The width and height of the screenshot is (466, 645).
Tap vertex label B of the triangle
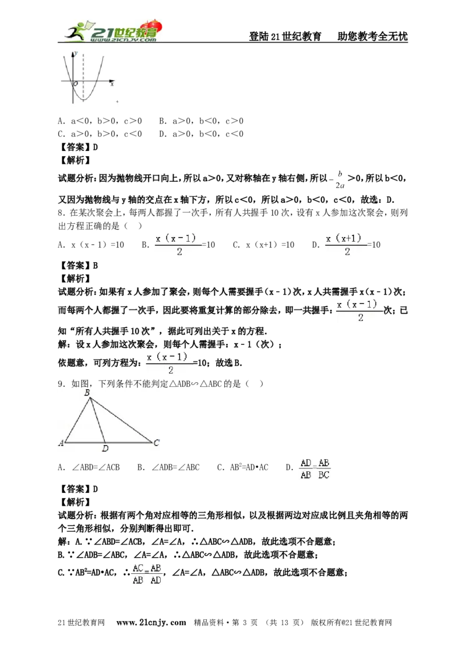(x=87, y=393)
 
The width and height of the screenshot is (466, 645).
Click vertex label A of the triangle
(x=61, y=443)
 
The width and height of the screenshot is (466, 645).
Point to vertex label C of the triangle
(x=157, y=443)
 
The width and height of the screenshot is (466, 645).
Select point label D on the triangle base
(x=105, y=449)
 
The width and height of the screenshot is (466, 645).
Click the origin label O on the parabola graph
(x=76, y=84)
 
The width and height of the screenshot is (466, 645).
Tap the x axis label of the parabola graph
(x=112, y=84)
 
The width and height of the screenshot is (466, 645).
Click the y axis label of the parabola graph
(x=76, y=53)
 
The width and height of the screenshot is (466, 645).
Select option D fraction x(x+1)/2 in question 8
(x=353, y=245)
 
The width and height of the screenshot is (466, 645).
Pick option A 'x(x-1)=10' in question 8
(x=91, y=245)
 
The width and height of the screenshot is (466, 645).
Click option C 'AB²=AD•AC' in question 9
(x=243, y=467)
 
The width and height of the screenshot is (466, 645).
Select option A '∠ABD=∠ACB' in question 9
(x=89, y=467)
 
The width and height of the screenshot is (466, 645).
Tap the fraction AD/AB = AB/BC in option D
(x=315, y=469)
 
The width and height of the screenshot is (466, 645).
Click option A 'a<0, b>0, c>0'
(x=100, y=121)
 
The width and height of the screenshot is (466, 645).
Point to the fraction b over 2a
(x=340, y=179)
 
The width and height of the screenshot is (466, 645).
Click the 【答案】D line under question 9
(x=78, y=489)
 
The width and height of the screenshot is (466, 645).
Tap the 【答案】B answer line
(x=78, y=266)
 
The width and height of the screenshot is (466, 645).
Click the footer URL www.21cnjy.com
(x=151, y=622)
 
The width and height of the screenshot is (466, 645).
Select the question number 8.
(x=62, y=213)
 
